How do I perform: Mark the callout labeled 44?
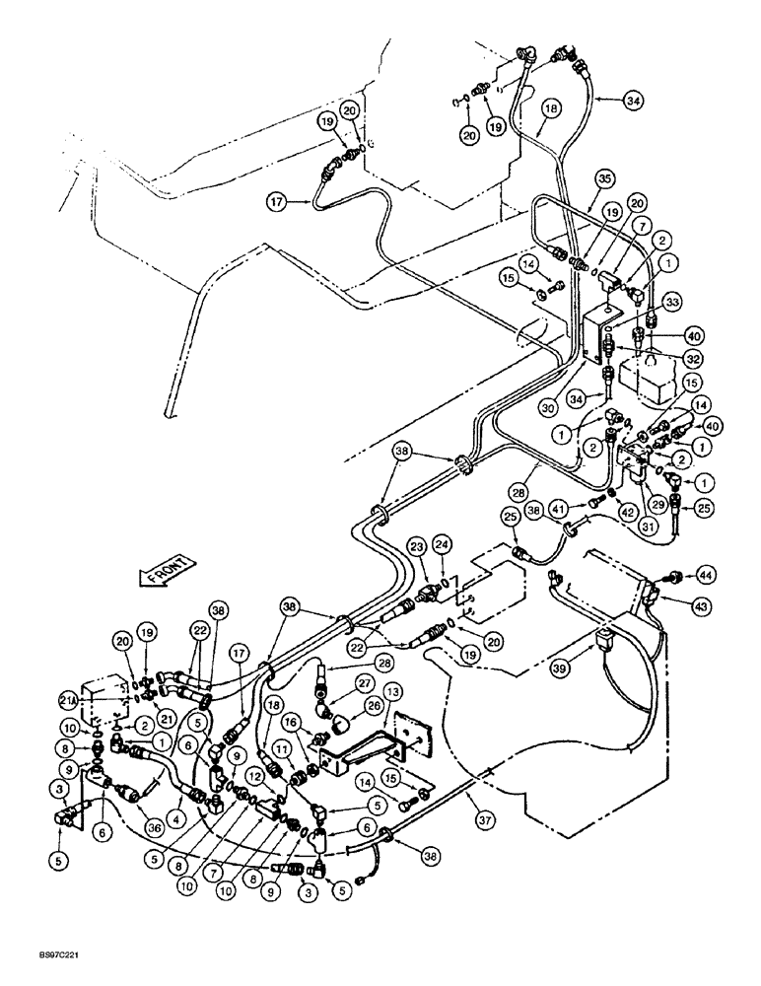[x=705, y=573]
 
